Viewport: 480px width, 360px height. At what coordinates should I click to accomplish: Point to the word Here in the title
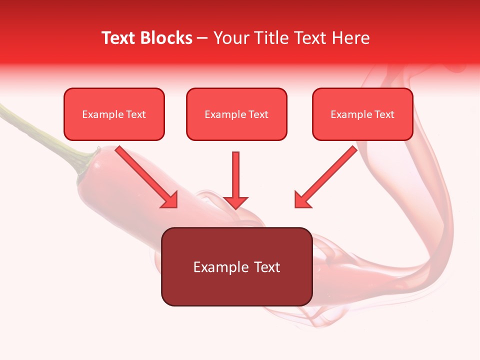(x=352, y=38)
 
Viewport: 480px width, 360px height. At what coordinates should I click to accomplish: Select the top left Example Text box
(x=114, y=114)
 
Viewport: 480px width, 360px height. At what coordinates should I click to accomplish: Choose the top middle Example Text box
(x=236, y=114)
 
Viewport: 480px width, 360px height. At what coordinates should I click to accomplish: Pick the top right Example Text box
(x=362, y=114)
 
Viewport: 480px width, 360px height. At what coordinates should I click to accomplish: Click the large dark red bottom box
(x=236, y=266)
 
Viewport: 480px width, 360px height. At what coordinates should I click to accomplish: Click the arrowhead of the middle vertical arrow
(x=235, y=202)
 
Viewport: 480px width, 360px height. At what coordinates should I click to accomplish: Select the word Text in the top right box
(x=384, y=114)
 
